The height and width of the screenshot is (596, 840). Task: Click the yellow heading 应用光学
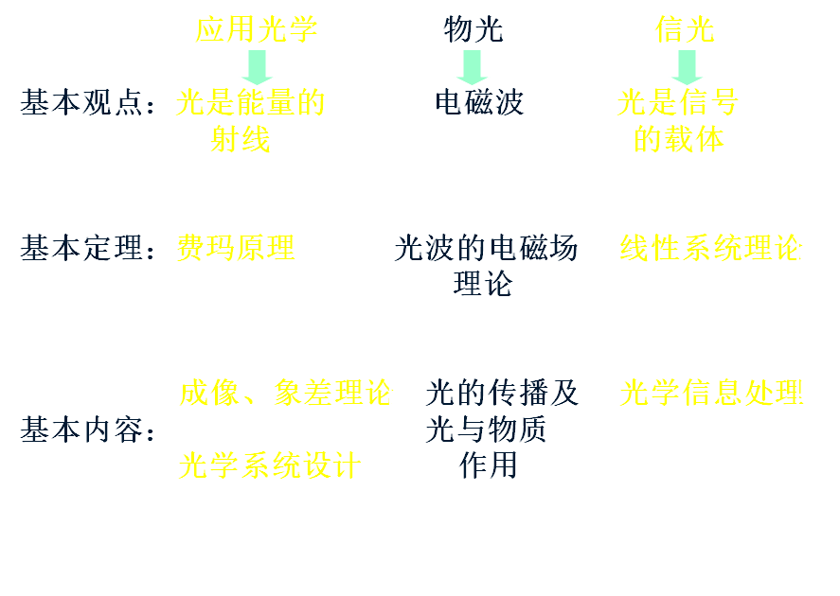point(256,30)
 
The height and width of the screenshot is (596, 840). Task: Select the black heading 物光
point(474,30)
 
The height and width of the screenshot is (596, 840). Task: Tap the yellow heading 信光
point(685,30)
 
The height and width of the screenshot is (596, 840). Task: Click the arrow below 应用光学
point(256,66)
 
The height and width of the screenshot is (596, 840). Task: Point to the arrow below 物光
point(471,66)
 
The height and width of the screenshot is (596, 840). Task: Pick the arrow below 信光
point(687,66)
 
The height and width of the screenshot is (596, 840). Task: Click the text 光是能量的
point(251,103)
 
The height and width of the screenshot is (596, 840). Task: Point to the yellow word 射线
point(241,139)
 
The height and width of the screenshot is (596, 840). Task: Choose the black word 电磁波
point(479,103)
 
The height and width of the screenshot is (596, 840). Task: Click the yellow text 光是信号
point(678,103)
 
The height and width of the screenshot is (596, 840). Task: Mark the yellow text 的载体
point(678,139)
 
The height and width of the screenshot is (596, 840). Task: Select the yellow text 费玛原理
point(237,249)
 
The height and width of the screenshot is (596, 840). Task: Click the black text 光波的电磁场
point(486,249)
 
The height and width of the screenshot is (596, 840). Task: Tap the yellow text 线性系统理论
point(710,249)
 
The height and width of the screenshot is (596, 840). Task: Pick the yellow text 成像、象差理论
point(285,393)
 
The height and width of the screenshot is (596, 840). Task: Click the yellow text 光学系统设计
point(271,465)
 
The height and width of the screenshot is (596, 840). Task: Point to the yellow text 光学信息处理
point(710,393)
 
